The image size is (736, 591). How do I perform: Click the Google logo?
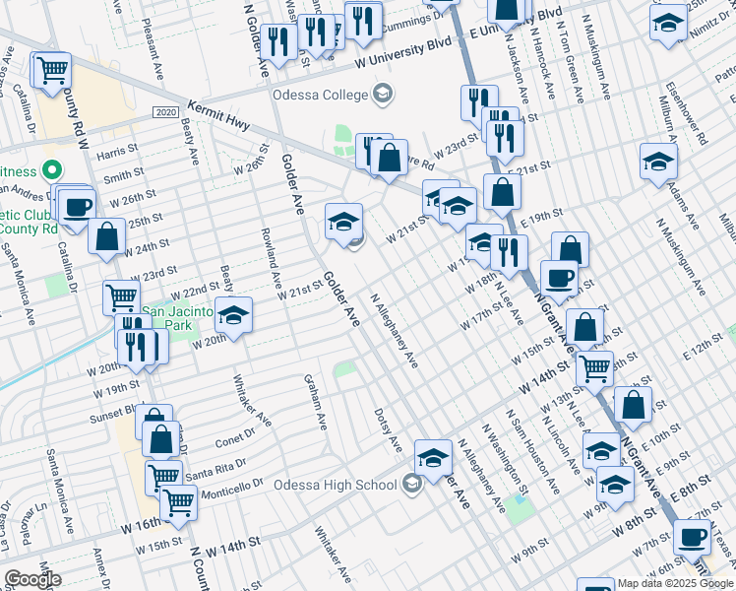32,579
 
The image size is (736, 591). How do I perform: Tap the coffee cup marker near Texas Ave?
693,538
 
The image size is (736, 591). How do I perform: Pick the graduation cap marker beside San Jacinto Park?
234,316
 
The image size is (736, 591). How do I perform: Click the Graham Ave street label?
315,402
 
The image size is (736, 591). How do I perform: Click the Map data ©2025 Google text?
676,583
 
